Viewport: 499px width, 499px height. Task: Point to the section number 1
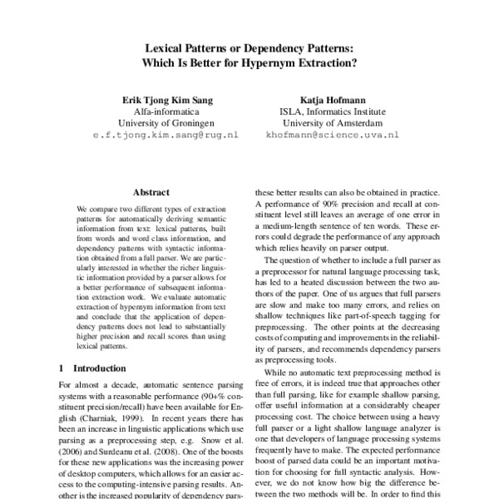[x=62, y=368]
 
